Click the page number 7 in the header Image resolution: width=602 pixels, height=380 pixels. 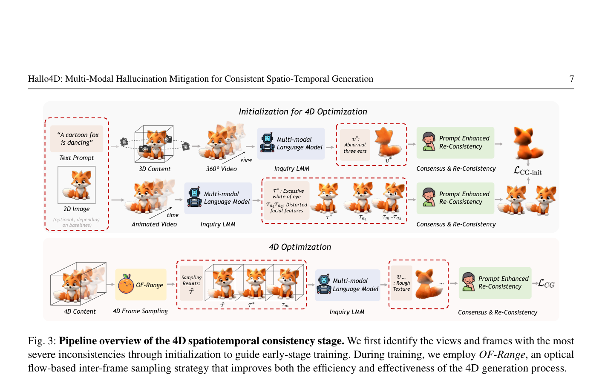click(x=571, y=79)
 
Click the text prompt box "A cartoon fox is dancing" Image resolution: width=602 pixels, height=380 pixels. click(x=77, y=139)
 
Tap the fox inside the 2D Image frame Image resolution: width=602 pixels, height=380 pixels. click(x=77, y=185)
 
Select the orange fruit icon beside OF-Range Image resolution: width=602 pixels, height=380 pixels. click(x=126, y=284)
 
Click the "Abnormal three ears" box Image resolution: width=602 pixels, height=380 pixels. click(x=355, y=145)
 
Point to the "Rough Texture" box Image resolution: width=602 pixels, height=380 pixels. click(x=401, y=283)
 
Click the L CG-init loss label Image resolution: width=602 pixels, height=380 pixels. click(x=527, y=171)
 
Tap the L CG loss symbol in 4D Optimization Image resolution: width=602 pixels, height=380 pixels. click(x=546, y=283)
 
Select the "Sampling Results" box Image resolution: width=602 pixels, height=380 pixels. click(x=191, y=283)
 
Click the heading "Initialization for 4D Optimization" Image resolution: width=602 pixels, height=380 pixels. click(x=303, y=111)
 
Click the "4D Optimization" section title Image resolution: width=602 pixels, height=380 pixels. click(x=300, y=247)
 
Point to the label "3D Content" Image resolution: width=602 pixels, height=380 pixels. click(x=155, y=169)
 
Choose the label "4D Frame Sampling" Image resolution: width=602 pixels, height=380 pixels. click(x=140, y=311)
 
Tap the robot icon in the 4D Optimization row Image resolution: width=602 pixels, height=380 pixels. click(x=324, y=284)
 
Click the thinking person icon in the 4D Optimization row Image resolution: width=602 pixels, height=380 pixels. click(x=468, y=282)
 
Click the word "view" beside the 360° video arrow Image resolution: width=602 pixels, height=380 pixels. click(x=246, y=160)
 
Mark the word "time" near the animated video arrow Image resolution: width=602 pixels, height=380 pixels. click(x=173, y=215)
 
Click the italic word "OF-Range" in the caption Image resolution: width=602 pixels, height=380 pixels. click(x=502, y=354)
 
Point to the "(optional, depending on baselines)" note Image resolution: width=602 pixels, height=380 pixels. click(x=77, y=222)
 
